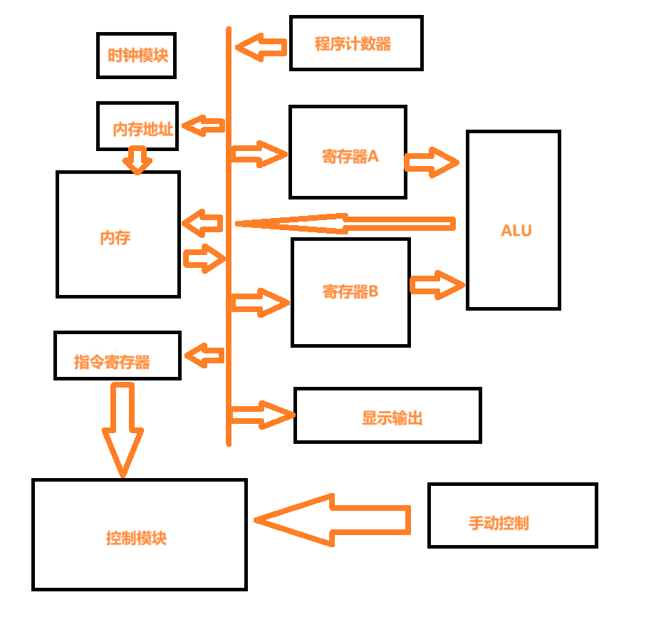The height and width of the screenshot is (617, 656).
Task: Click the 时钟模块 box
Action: tap(136, 55)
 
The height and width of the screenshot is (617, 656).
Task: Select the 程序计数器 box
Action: tap(356, 43)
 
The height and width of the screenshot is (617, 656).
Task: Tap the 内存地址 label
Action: tap(143, 130)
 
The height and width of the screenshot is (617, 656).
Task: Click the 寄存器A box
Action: tap(348, 152)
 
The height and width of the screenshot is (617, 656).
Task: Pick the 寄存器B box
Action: tap(350, 292)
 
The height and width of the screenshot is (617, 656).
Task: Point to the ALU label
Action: tap(516, 231)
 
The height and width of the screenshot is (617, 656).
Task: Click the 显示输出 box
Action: tap(387, 415)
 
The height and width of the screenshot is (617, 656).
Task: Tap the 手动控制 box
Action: tap(512, 515)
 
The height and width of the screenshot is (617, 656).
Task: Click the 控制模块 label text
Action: tap(136, 538)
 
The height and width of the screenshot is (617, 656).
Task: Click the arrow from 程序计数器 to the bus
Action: tap(261, 48)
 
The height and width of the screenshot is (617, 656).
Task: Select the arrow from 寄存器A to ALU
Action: tap(432, 162)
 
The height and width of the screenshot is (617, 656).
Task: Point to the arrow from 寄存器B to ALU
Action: tap(437, 285)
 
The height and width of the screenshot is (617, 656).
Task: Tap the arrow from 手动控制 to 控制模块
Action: tap(333, 520)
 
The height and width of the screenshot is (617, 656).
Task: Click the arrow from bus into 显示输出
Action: tap(261, 414)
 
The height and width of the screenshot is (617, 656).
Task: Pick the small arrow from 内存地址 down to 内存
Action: tap(137, 160)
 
